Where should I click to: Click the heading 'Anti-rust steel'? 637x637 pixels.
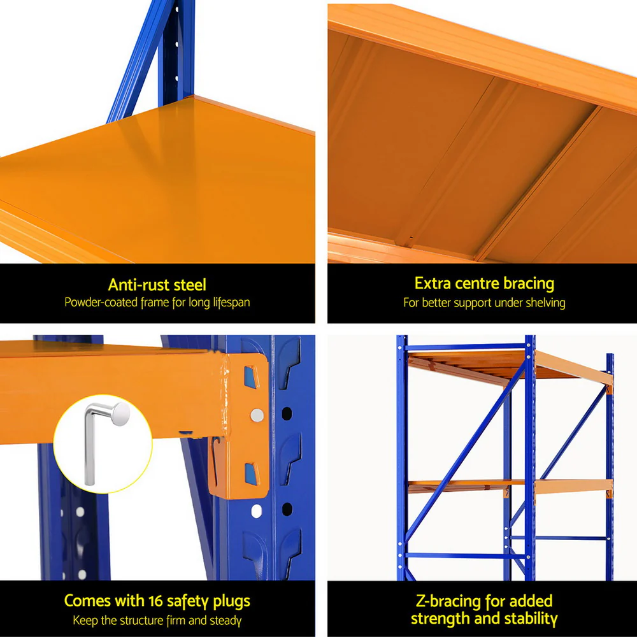tap(157, 285)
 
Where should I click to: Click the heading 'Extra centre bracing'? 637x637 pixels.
tap(484, 283)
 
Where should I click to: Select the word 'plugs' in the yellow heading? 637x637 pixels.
tap(230, 601)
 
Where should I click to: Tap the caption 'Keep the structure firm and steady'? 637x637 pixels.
tap(157, 620)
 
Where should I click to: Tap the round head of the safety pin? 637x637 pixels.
tap(119, 415)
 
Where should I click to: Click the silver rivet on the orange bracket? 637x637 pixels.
tap(257, 415)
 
